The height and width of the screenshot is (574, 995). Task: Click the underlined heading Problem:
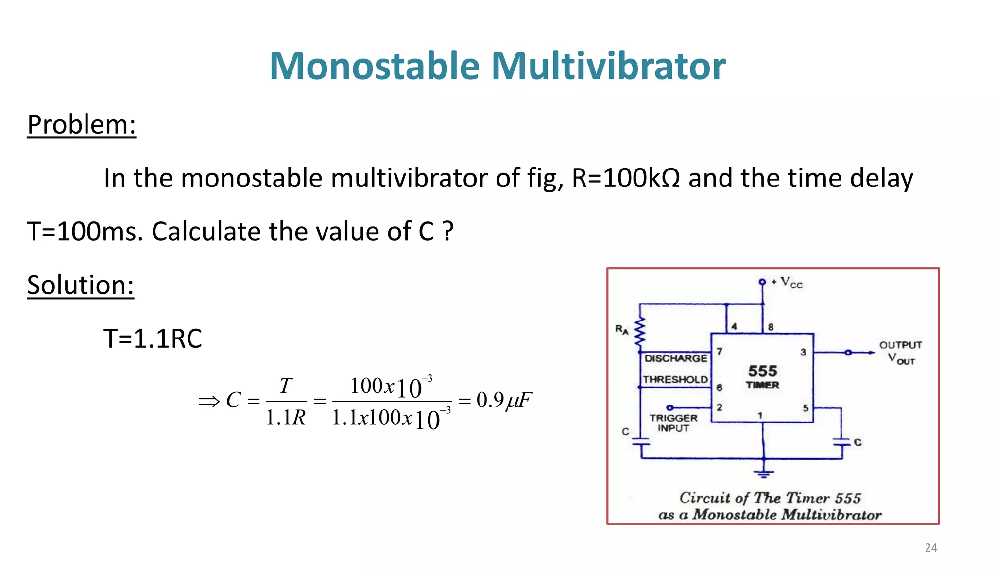point(81,124)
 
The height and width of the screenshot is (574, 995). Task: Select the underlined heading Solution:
point(80,285)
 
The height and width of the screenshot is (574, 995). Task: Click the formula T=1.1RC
point(153,338)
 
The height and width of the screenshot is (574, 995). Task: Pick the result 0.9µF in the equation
point(504,401)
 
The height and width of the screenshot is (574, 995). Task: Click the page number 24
point(930,548)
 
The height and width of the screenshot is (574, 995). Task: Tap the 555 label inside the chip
point(762,371)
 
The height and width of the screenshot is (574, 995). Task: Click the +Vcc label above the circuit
point(787,282)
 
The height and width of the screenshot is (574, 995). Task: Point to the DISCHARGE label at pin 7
point(675,358)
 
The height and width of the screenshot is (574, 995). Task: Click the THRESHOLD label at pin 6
point(675,379)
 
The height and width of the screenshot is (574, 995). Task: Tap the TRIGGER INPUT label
point(673,422)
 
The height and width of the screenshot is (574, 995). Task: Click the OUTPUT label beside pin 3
point(900,345)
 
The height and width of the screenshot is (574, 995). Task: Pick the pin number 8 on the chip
point(771,327)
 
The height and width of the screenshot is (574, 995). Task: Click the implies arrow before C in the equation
point(209,402)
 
